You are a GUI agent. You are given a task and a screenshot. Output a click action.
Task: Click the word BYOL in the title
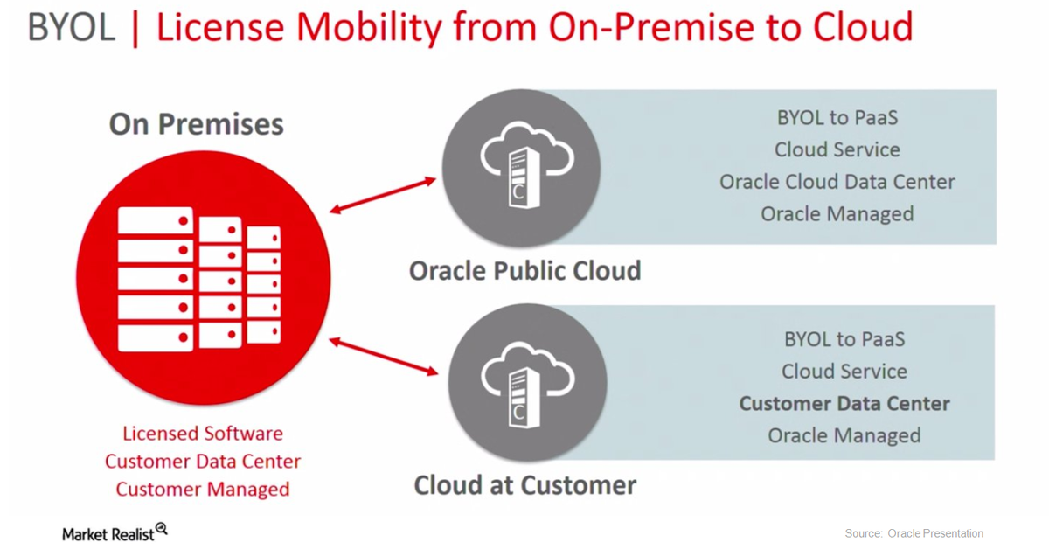[x=72, y=28]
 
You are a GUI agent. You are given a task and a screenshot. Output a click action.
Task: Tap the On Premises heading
[x=196, y=124]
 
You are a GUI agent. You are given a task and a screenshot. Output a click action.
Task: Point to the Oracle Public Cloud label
[x=524, y=270]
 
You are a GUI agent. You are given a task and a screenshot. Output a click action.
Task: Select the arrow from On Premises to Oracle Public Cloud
[x=383, y=195]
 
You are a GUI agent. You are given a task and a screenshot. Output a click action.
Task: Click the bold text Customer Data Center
[x=844, y=404]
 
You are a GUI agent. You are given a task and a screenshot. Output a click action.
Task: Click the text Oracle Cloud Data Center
[x=837, y=182]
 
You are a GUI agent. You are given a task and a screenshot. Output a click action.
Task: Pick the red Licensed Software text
[x=203, y=434]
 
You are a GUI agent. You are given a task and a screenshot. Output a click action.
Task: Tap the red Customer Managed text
[x=203, y=490]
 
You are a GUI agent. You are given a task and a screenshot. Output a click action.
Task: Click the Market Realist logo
[x=115, y=532]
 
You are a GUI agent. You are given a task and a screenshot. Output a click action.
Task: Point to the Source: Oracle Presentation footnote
[x=914, y=533]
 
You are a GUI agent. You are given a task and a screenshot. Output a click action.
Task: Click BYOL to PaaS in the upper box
[x=837, y=117]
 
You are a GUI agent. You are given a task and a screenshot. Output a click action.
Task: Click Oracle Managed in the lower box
[x=844, y=435]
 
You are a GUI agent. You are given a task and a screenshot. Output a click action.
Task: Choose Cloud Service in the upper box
[x=837, y=149]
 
